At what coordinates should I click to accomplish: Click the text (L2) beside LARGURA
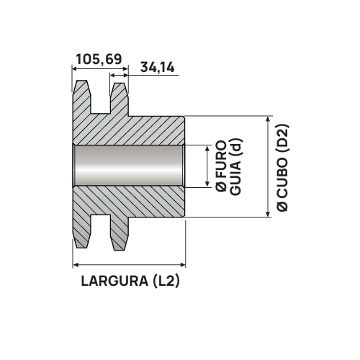[x=163, y=282]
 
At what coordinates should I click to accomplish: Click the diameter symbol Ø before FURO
[x=221, y=186]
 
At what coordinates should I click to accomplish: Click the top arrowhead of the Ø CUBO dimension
[x=268, y=120]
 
